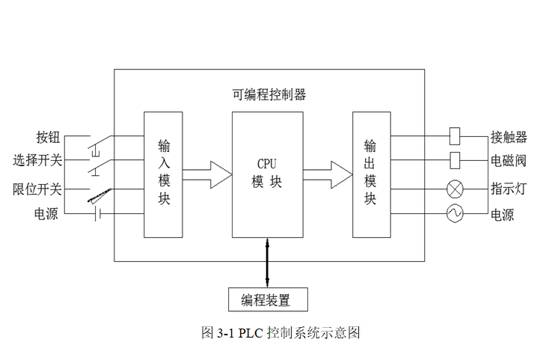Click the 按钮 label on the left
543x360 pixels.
click(x=48, y=137)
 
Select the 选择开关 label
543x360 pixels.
click(x=37, y=160)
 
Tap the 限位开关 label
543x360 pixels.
click(x=37, y=189)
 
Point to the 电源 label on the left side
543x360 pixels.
click(x=46, y=213)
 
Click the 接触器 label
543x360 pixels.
click(x=509, y=137)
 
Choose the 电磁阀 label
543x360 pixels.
click(x=509, y=160)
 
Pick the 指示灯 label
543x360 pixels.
click(x=509, y=189)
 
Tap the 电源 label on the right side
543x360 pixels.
click(x=503, y=215)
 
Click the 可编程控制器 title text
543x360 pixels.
click(x=269, y=94)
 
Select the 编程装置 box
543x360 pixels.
click(x=268, y=299)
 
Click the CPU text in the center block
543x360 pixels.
click(x=267, y=164)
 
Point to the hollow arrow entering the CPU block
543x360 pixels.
click(x=207, y=175)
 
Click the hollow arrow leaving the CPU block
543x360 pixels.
click(x=328, y=175)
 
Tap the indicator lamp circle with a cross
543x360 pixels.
click(x=455, y=189)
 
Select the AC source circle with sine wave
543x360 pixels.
click(x=455, y=213)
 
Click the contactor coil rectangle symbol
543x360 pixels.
click(x=455, y=136)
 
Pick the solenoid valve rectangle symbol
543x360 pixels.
click(x=455, y=160)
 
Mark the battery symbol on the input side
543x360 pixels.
click(x=98, y=214)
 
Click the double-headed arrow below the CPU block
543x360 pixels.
click(x=267, y=262)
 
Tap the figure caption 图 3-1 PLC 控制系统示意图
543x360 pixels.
click(x=281, y=333)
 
